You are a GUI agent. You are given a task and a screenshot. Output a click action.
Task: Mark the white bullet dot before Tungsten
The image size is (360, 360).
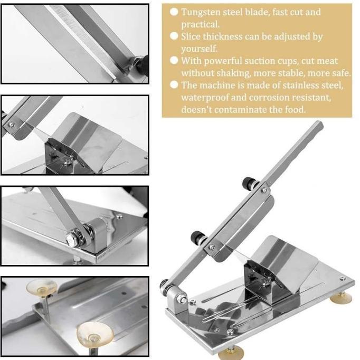[x=174, y=12]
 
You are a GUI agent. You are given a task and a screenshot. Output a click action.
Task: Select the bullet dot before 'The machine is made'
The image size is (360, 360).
[x=174, y=86]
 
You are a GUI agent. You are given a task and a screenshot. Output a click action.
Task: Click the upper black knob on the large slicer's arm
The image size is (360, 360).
[x=247, y=184]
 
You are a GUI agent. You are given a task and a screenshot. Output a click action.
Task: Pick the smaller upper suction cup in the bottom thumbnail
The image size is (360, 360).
[x=41, y=288]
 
